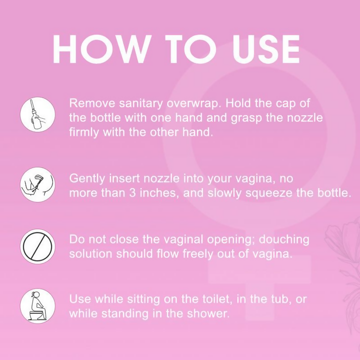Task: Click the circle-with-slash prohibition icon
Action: pyautogui.click(x=38, y=246)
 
